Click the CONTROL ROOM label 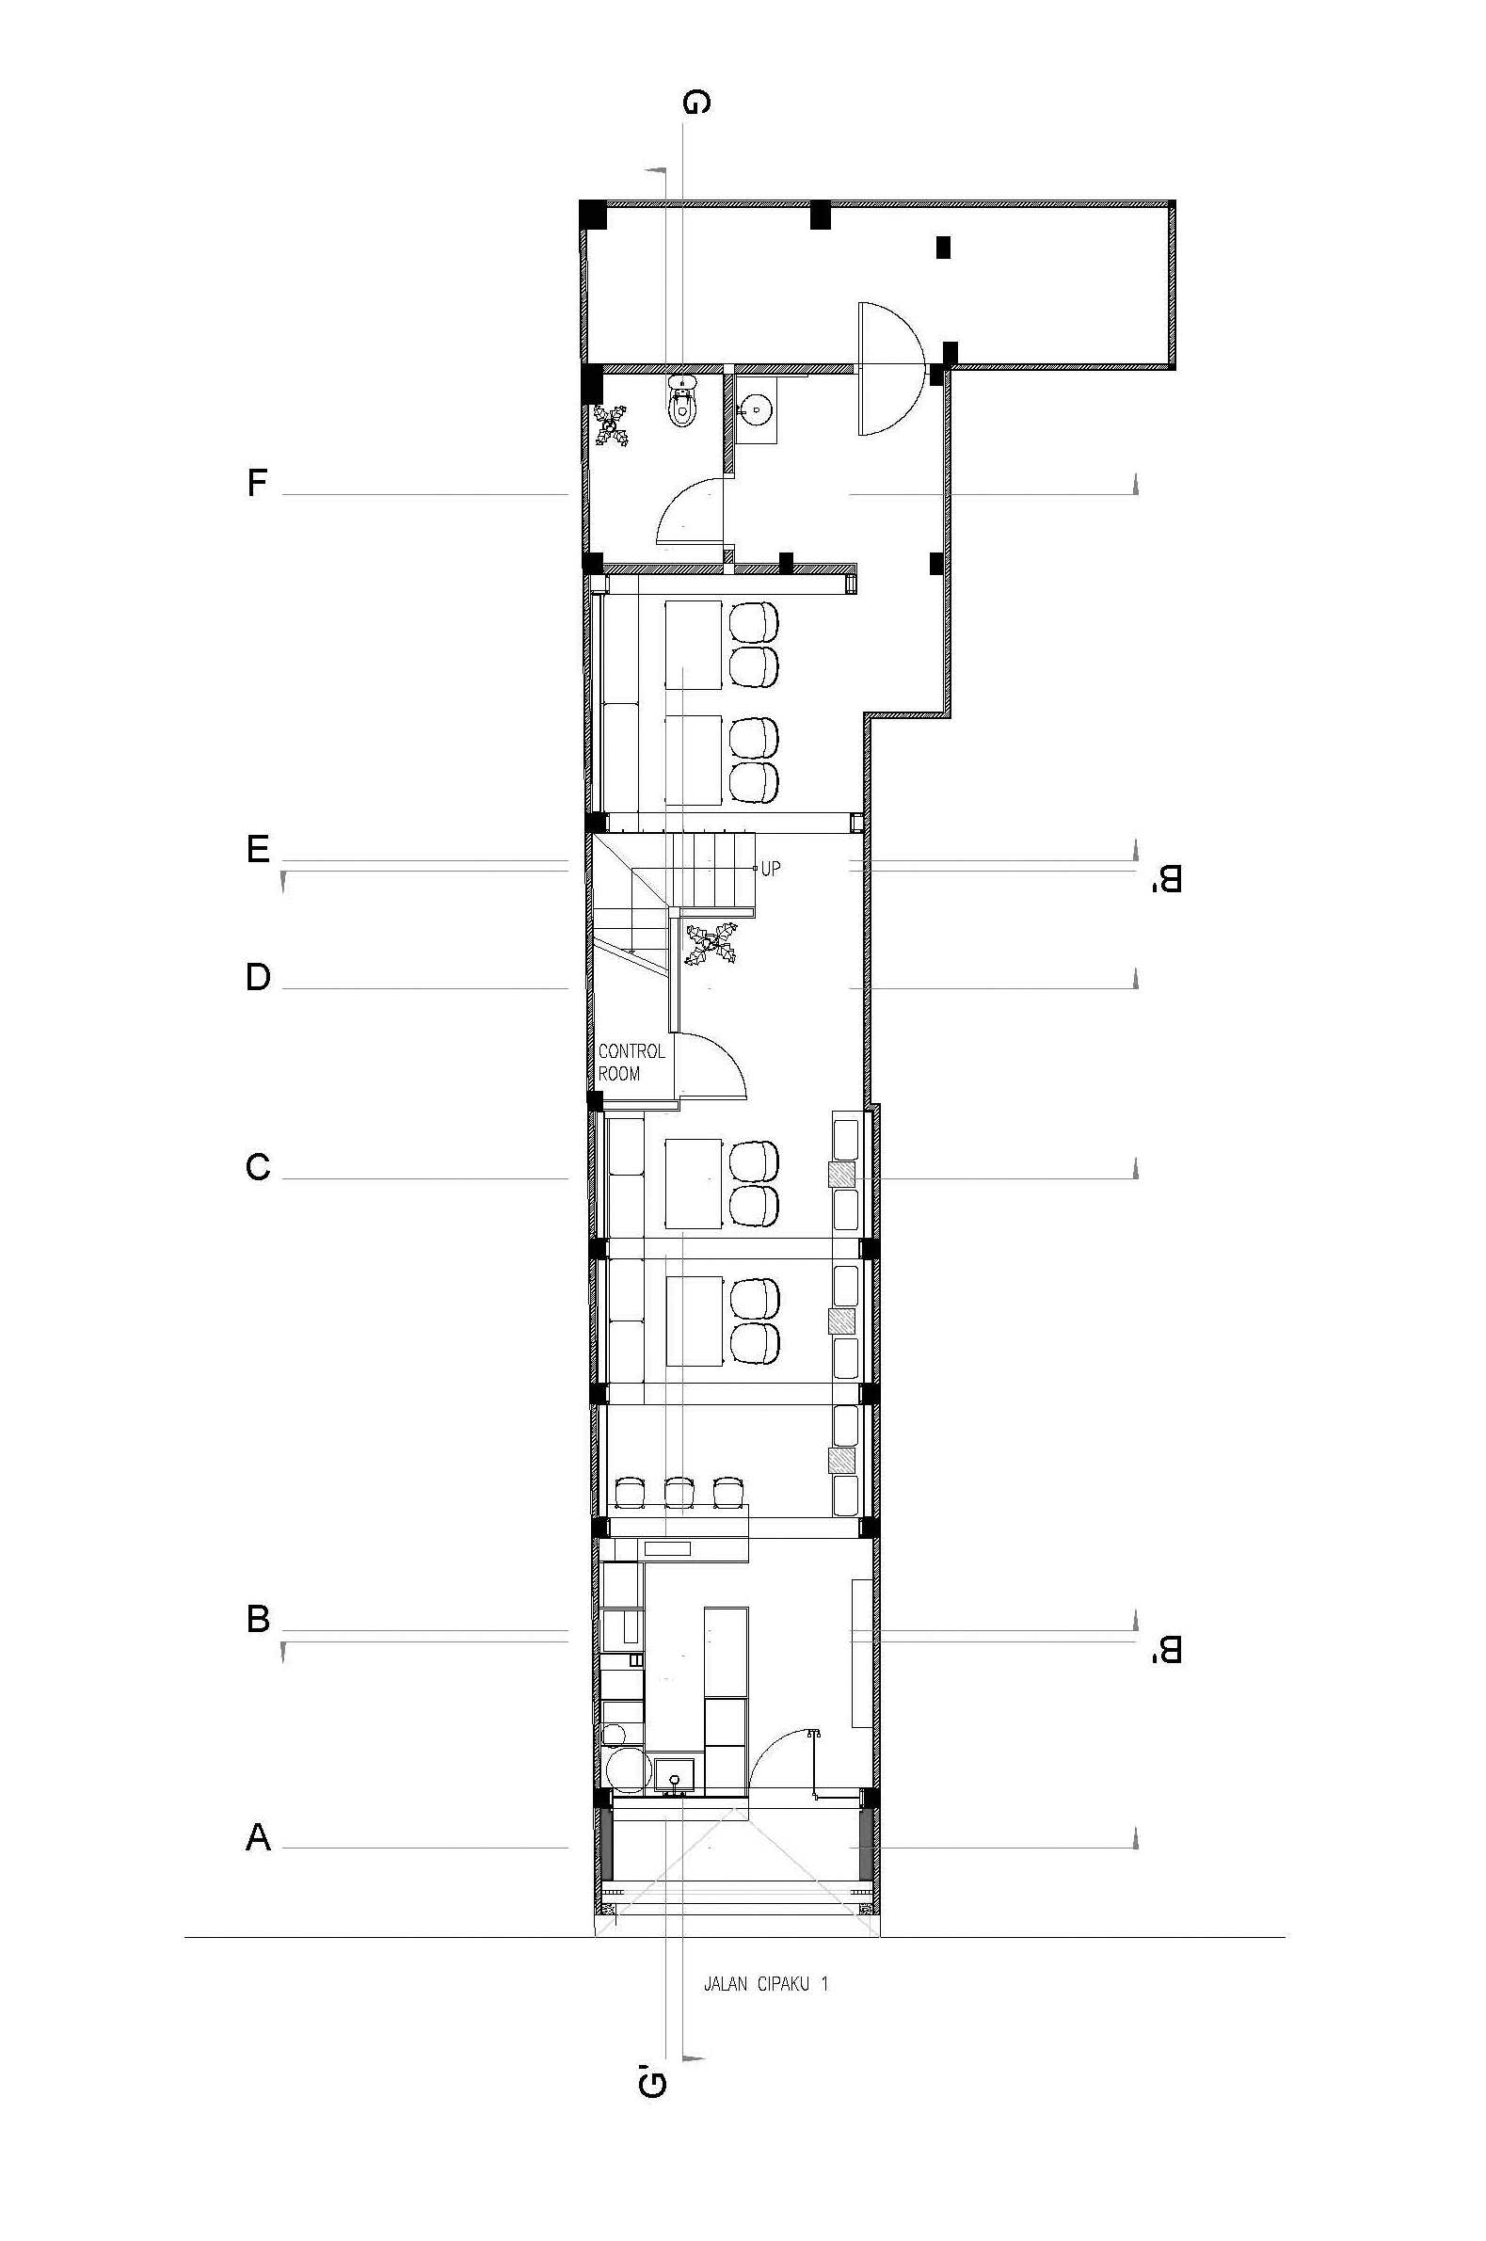coord(631,1063)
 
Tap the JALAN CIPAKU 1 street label coord(766,1983)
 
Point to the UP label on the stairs coord(771,868)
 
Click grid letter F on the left coord(257,483)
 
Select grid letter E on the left coord(258,849)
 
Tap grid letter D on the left coord(258,977)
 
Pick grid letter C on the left coord(258,1166)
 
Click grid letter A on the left coord(258,1837)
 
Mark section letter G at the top coord(695,103)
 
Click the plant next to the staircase coord(711,945)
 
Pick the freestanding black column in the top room coord(943,247)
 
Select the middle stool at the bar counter coord(679,1493)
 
